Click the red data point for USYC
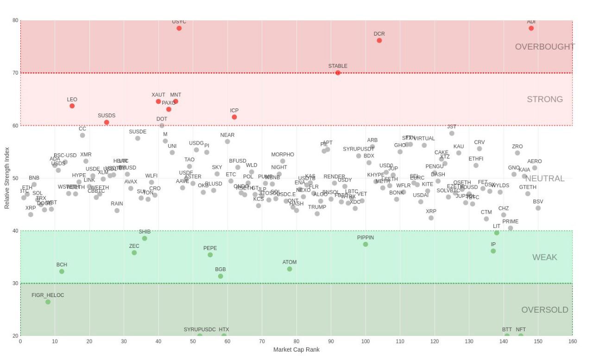179,28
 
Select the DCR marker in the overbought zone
379,40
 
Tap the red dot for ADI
531,28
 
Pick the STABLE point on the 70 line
338,73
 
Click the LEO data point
72,106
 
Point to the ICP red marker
234,117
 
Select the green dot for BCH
62,272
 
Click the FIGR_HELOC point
48,302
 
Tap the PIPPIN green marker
365,244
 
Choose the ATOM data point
290,269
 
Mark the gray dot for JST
452,133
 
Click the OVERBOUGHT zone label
545,47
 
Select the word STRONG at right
545,99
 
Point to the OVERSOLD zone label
545,310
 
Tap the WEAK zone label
545,257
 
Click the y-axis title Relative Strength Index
7,178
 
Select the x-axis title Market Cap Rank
296,350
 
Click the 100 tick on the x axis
366,341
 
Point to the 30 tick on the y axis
15,284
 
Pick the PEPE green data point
210,255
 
